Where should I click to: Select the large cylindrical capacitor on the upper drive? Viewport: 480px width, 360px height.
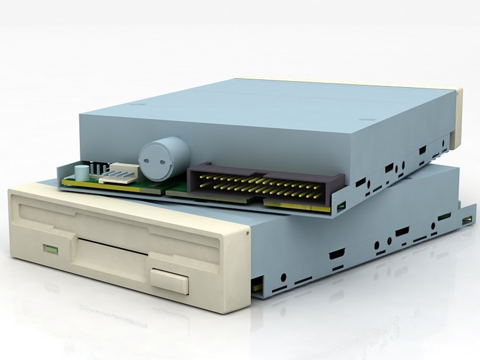click(x=164, y=157)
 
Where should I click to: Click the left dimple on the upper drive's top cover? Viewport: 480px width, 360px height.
click(x=135, y=104)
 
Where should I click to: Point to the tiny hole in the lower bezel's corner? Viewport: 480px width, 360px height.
click(x=247, y=232)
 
